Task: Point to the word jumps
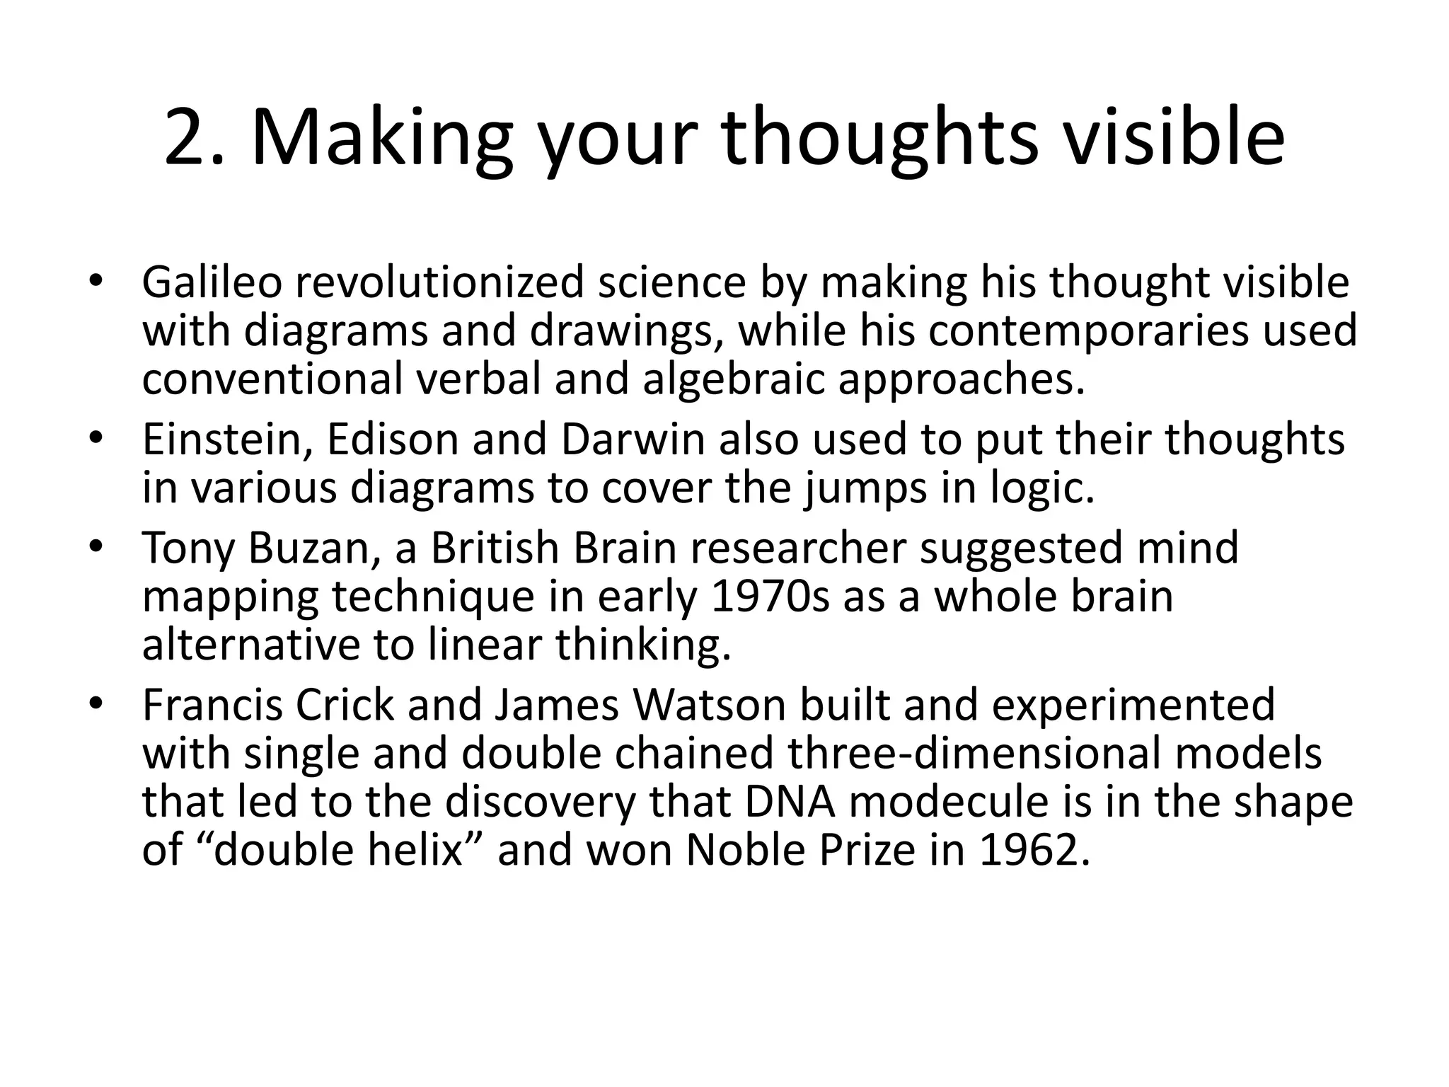[865, 488]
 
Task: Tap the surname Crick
[345, 705]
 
